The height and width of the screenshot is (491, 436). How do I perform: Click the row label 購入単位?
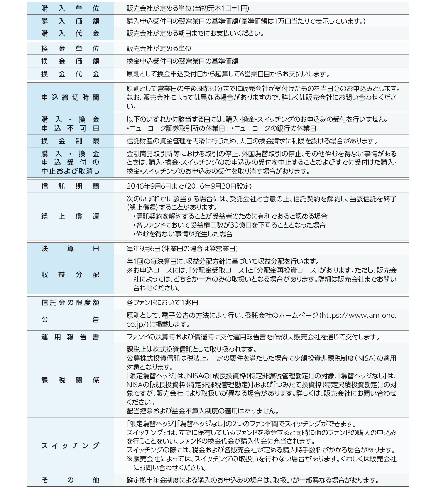coord(70,8)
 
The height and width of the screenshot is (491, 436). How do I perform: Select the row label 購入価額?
coord(70,21)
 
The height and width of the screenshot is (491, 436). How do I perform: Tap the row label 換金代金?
coord(70,74)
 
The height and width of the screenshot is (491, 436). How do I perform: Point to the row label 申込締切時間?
coord(70,98)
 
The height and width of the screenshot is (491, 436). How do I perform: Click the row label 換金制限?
coord(70,141)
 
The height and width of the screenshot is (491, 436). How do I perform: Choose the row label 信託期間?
coord(70,186)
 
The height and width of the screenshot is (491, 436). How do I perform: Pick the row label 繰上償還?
coord(70,216)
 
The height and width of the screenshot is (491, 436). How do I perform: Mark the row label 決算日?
coord(70,249)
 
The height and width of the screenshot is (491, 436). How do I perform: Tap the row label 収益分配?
coord(70,275)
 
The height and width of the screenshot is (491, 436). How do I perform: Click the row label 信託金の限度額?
coord(70,303)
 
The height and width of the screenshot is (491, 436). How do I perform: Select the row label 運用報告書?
coord(70,337)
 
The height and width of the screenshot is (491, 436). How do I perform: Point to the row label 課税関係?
coord(70,380)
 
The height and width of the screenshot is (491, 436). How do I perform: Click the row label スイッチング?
coord(70,446)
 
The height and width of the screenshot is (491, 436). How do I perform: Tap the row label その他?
coord(70,480)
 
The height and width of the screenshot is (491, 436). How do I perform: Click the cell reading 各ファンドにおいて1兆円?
coord(162,303)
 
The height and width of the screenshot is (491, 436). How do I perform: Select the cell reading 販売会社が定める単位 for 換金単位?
coord(159,49)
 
